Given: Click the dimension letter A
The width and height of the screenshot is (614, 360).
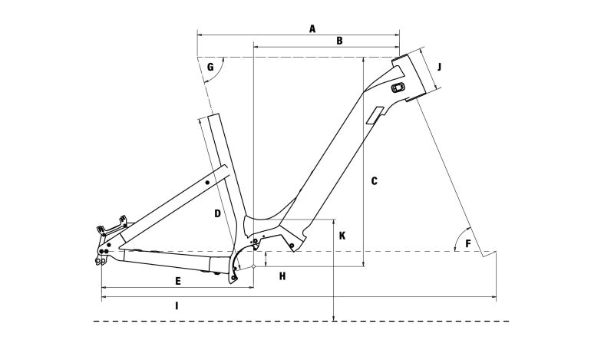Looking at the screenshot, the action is pyautogui.click(x=312, y=28).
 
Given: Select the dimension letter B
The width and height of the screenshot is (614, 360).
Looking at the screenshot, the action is pyautogui.click(x=339, y=41).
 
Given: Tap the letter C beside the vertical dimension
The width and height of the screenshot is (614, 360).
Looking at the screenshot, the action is pyautogui.click(x=375, y=181).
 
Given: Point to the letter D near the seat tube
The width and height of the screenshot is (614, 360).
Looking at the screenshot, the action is pyautogui.click(x=218, y=213).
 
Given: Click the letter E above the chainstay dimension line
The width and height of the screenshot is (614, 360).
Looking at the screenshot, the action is pyautogui.click(x=178, y=281).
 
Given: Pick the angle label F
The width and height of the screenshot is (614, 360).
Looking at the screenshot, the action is pyautogui.click(x=468, y=243).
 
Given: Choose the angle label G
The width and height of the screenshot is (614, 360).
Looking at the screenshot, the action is pyautogui.click(x=210, y=67).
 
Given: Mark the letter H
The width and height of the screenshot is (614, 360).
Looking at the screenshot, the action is pyautogui.click(x=282, y=276).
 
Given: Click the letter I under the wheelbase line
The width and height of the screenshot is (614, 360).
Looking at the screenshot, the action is pyautogui.click(x=177, y=306).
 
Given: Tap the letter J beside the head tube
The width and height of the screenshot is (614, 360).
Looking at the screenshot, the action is pyautogui.click(x=439, y=67).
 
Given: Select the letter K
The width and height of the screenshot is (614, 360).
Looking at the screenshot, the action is pyautogui.click(x=342, y=236).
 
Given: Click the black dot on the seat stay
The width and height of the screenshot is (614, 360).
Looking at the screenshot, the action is pyautogui.click(x=207, y=183).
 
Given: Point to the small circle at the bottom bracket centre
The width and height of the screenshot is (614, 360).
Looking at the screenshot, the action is pyautogui.click(x=253, y=266).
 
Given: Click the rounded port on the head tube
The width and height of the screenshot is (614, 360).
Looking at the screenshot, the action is pyautogui.click(x=398, y=88).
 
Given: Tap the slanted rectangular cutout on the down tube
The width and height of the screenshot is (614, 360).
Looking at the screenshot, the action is pyautogui.click(x=375, y=115).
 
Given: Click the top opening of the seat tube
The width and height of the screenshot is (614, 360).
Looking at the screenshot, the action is pyautogui.click(x=213, y=116).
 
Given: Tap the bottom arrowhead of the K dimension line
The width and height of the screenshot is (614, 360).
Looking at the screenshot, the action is pyautogui.click(x=333, y=318).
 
